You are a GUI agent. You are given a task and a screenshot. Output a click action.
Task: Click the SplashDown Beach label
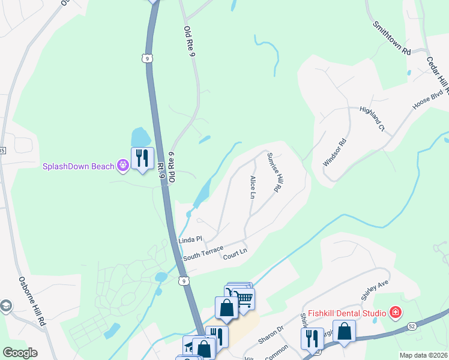tap(78, 166)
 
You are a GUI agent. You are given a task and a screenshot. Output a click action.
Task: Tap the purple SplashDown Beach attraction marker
tap(123, 165)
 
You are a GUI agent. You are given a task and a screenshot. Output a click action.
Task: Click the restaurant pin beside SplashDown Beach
tap(142, 159)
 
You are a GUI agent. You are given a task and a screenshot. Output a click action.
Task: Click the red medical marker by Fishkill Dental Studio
tap(396, 312)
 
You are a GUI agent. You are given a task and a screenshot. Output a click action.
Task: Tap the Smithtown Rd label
tap(391, 38)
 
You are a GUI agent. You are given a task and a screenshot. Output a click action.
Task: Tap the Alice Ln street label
tap(252, 187)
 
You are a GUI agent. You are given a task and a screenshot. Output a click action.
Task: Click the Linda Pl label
tap(187, 240)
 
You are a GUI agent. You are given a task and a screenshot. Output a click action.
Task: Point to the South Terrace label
tap(203, 253)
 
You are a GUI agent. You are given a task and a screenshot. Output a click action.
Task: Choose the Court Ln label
tap(235, 254)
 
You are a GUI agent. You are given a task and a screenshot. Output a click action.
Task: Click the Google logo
tap(19, 353)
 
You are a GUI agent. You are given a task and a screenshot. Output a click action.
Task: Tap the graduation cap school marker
tap(6, 305)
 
